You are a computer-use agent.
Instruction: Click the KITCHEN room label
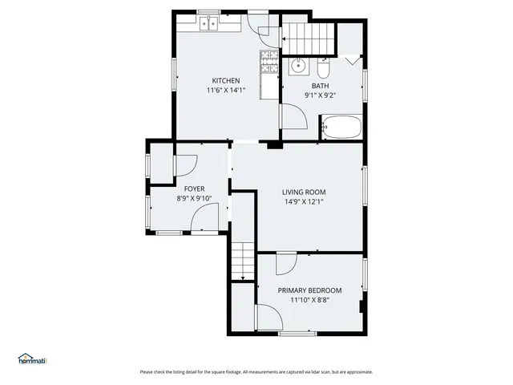point(225,80)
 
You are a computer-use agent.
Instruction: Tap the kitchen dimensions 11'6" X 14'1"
point(225,90)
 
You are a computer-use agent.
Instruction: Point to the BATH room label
point(320,86)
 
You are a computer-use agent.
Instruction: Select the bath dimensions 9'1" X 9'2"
point(320,95)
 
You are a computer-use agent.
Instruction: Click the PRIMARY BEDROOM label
point(309,290)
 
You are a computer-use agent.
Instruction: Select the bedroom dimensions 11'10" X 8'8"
point(309,300)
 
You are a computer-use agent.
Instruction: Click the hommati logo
point(32,359)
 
